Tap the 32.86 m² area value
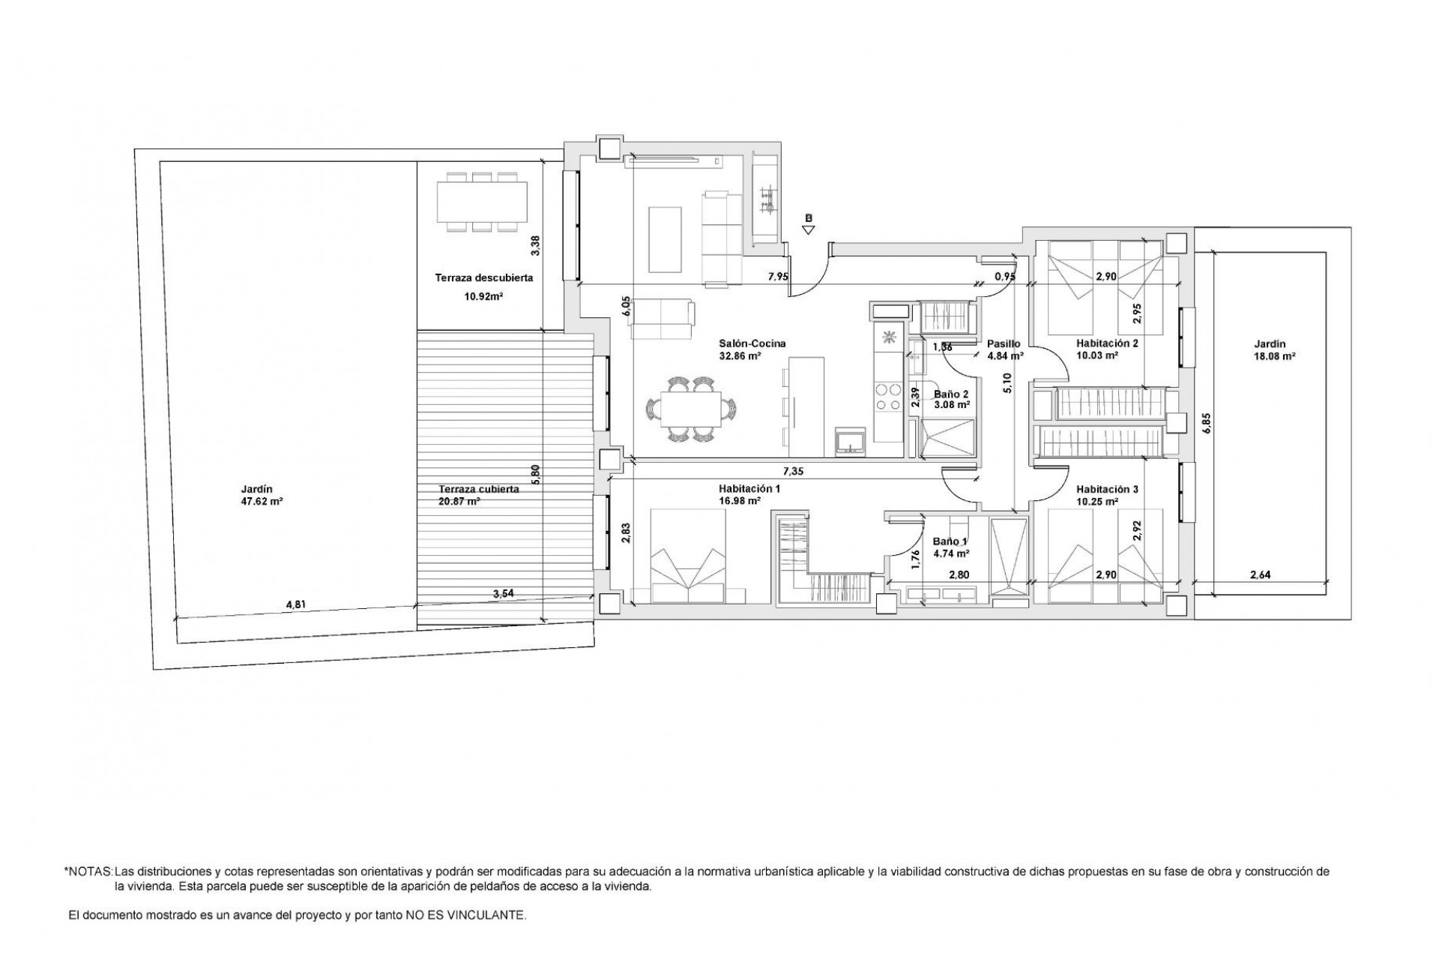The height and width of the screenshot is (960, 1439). click(740, 356)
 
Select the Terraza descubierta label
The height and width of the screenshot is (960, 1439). click(483, 277)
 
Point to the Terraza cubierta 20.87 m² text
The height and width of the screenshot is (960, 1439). click(478, 495)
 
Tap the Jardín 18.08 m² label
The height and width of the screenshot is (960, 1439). click(1270, 350)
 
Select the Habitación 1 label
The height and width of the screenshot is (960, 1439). click(739, 488)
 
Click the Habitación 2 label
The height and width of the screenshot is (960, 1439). click(1107, 343)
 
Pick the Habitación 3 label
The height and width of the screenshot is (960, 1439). click(1107, 489)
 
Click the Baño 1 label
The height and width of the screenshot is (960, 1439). click(950, 541)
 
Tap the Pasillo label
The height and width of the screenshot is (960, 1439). click(1003, 343)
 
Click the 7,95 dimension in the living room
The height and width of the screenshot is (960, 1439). click(777, 277)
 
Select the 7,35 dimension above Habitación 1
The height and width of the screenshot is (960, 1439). click(793, 471)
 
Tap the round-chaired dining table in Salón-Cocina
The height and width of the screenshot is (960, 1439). click(690, 410)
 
